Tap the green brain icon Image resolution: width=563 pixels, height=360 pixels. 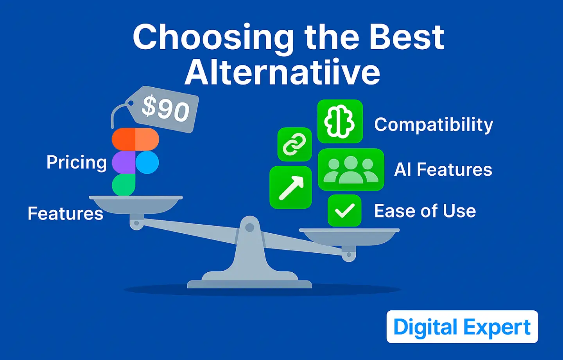340,121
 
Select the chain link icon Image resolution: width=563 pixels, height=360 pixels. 294,144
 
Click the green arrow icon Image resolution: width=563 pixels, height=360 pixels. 291,187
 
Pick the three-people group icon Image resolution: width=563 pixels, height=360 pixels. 351,169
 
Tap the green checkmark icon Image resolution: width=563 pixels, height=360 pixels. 344,211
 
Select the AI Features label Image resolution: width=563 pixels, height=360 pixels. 443,169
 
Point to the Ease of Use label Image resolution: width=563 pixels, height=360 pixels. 425,211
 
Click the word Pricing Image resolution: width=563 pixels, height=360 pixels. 77,162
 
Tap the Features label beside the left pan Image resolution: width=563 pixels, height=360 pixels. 65,213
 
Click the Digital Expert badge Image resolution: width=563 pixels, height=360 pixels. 462,326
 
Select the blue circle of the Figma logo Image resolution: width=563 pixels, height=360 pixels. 147,162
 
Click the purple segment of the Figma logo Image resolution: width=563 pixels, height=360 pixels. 124,162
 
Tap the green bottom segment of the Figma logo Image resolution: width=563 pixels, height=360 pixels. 124,185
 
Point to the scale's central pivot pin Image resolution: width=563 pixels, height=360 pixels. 249,228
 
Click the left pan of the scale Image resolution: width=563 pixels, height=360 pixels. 136,205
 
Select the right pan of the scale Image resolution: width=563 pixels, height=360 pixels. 349,237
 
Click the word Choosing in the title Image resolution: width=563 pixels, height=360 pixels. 213,38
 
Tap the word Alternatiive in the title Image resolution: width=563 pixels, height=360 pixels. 282,72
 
